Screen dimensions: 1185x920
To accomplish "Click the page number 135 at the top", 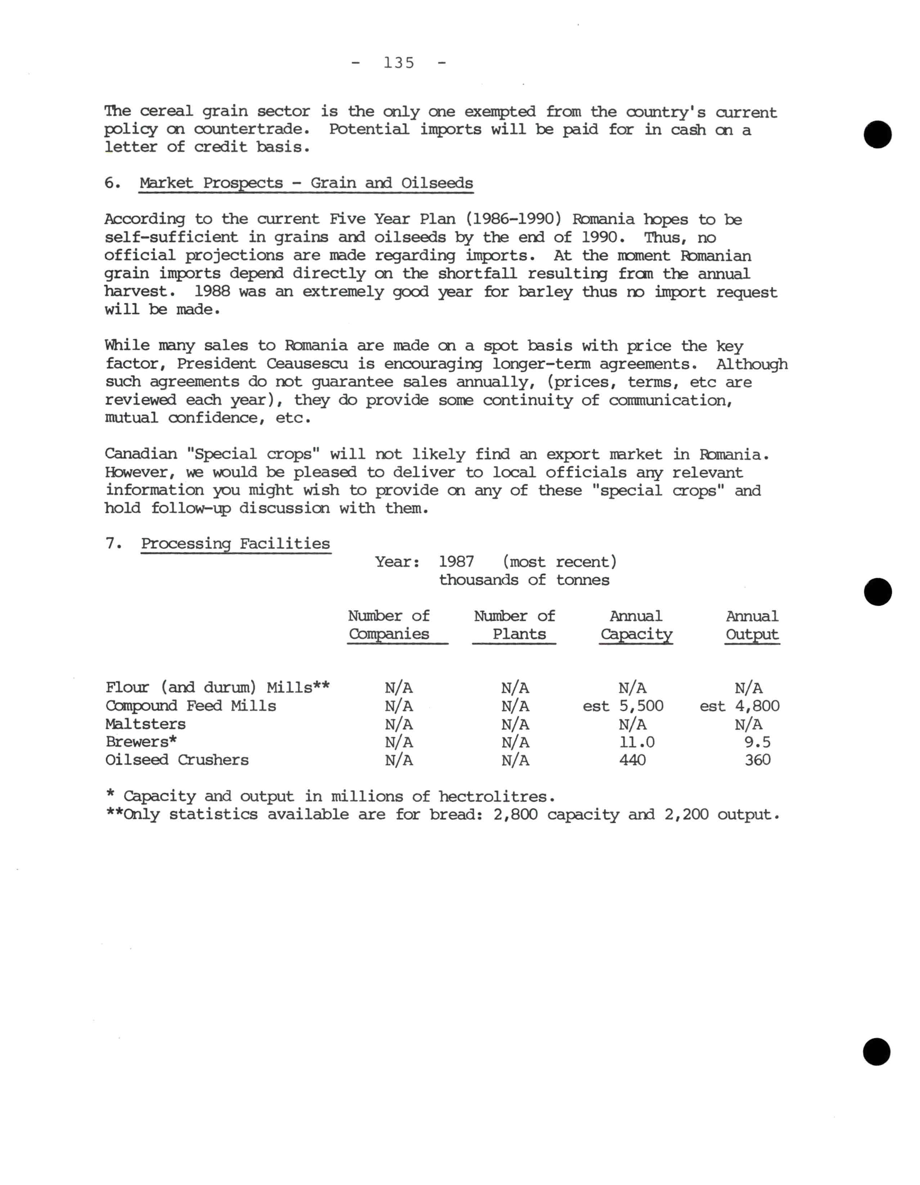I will (x=399, y=63).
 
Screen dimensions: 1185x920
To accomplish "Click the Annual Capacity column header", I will (x=636, y=625).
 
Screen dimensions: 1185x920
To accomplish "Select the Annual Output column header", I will (x=752, y=625).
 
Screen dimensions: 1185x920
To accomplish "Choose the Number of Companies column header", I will (x=389, y=625).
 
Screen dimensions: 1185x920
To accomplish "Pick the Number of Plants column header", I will (x=515, y=625).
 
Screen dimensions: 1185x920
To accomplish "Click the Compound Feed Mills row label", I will (x=191, y=706).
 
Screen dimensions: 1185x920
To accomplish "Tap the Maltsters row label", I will (x=145, y=724).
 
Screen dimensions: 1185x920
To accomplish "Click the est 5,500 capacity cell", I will (x=623, y=706).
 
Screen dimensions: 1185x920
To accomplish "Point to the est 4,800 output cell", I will (x=740, y=706).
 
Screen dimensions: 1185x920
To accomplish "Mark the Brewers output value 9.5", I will (x=757, y=742).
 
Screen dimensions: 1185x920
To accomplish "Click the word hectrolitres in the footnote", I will (x=496, y=797).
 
